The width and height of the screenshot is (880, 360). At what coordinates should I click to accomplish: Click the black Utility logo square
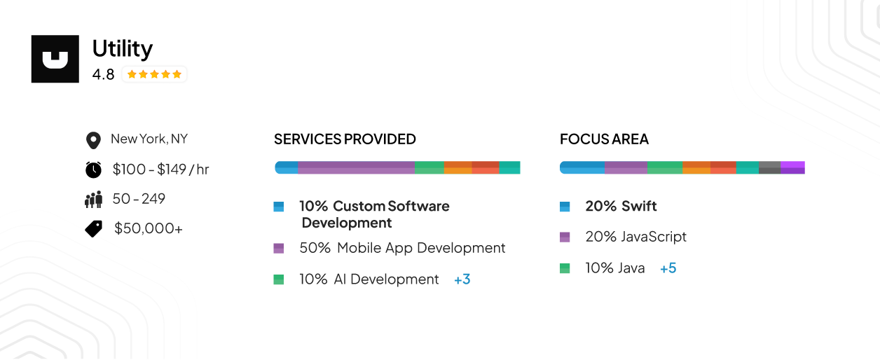[x=55, y=59]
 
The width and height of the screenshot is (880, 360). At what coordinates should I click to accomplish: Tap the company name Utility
[x=123, y=48]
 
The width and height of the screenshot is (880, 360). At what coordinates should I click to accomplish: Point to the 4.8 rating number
[x=103, y=74]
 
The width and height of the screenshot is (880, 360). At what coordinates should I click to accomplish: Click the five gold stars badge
[x=154, y=74]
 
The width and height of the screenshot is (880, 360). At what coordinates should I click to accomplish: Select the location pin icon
[x=92, y=140]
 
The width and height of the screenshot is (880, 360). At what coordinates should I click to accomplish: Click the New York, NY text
[x=149, y=139]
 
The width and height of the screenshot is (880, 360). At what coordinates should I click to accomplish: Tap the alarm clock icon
[x=93, y=169]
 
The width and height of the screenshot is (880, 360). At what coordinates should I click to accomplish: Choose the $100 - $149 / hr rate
[x=160, y=169]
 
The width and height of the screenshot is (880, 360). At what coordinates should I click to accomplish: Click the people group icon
[x=93, y=200]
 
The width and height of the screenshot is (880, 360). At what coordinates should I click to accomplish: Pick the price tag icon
[x=94, y=228]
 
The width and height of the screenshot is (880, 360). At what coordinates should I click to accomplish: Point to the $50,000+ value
[x=149, y=228]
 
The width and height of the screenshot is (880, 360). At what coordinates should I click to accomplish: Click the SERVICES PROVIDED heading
[x=345, y=139]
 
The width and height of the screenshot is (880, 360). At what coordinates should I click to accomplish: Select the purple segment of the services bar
[x=356, y=167]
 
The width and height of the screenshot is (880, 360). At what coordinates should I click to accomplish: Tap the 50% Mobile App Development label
[x=402, y=248]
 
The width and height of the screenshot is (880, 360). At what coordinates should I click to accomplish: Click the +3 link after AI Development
[x=462, y=279]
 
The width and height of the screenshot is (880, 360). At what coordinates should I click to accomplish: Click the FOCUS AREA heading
[x=604, y=139]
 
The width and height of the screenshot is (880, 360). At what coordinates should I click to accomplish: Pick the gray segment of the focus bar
[x=769, y=167]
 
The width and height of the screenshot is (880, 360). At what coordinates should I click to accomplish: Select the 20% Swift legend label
[x=621, y=207]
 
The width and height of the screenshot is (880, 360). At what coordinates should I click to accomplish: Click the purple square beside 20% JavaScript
[x=565, y=237]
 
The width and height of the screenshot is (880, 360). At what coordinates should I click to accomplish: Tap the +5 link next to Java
[x=668, y=268]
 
